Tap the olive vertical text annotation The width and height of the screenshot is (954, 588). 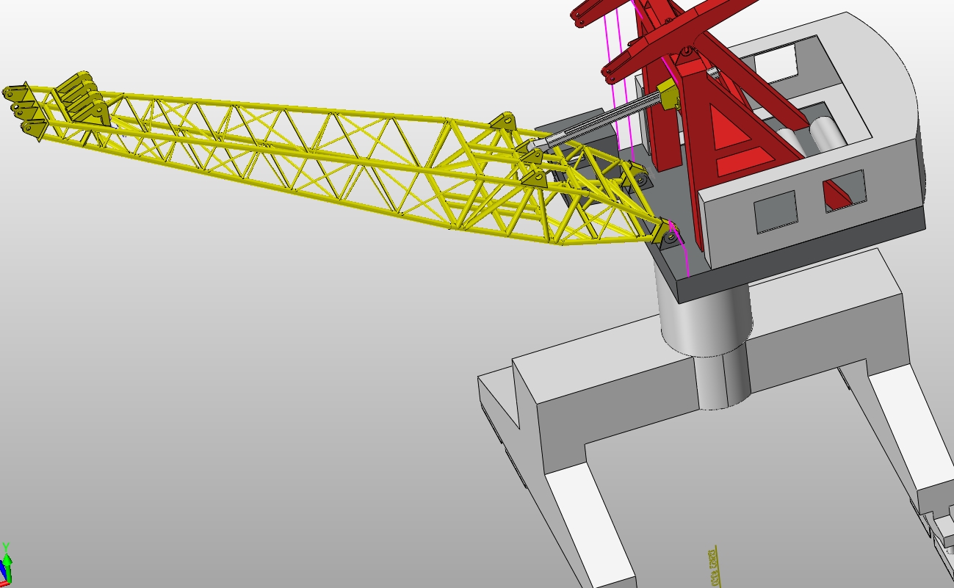713,565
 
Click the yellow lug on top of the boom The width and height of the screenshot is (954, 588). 504,122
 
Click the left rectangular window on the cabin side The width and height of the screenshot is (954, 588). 776,211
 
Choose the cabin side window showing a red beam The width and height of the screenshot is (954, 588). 843,190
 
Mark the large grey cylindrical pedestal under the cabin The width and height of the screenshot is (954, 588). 705,316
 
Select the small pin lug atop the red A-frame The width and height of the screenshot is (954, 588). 685,52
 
